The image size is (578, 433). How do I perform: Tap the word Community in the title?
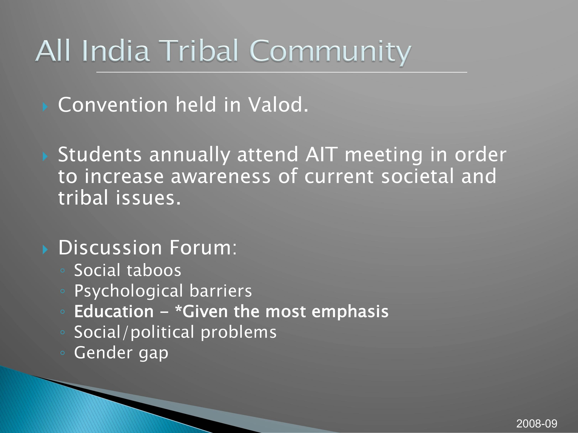click(330, 53)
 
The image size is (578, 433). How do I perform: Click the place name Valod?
click(278, 105)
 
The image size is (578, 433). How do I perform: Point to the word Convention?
click(113, 105)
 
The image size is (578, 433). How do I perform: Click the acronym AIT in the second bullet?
click(321, 155)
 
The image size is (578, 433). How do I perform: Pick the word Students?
click(100, 155)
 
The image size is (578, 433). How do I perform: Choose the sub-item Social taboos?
click(128, 270)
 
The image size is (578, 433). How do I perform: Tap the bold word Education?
click(114, 311)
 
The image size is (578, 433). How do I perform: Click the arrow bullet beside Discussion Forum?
click(45, 250)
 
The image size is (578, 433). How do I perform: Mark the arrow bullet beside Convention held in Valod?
click(45, 107)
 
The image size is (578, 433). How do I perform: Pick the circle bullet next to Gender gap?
click(62, 353)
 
